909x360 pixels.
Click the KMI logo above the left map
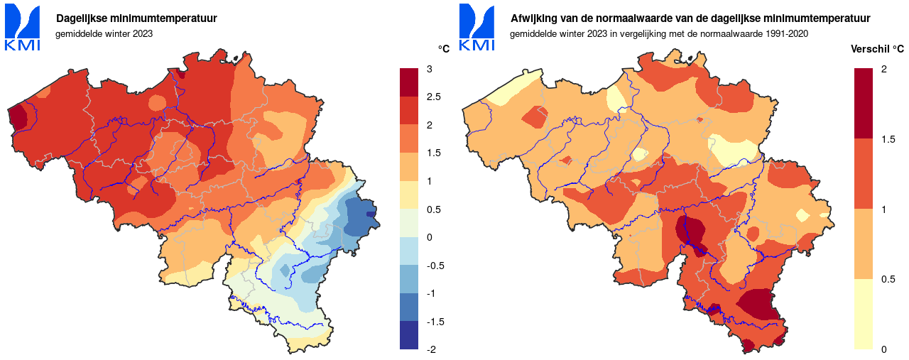22,28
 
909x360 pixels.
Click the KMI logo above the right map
477,28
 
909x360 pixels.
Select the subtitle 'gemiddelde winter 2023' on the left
104,33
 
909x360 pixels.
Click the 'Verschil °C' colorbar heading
877,50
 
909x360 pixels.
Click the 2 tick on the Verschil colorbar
883,69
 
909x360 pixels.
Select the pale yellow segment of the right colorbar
863,314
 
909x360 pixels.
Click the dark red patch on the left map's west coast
18,115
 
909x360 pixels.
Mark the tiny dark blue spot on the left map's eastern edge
370,214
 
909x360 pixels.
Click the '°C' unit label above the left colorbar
443,50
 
